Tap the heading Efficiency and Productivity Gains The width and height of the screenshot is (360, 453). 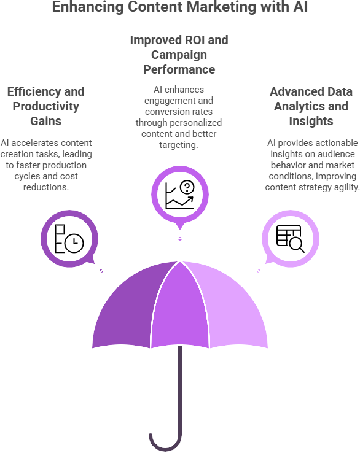pyautogui.click(x=46, y=106)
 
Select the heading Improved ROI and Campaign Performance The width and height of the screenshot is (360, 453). pyautogui.click(x=179, y=55)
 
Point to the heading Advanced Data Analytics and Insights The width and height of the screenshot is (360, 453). pyautogui.click(x=311, y=106)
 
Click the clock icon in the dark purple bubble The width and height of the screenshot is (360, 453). pyautogui.click(x=74, y=242)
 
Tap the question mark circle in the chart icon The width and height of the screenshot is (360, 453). pyautogui.click(x=187, y=187)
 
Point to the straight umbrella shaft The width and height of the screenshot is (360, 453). pyautogui.click(x=180, y=390)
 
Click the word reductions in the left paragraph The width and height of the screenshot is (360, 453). pyautogui.click(x=46, y=187)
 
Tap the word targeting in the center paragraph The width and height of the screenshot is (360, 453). pyautogui.click(x=179, y=145)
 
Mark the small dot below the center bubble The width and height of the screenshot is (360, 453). pyautogui.click(x=180, y=239)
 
